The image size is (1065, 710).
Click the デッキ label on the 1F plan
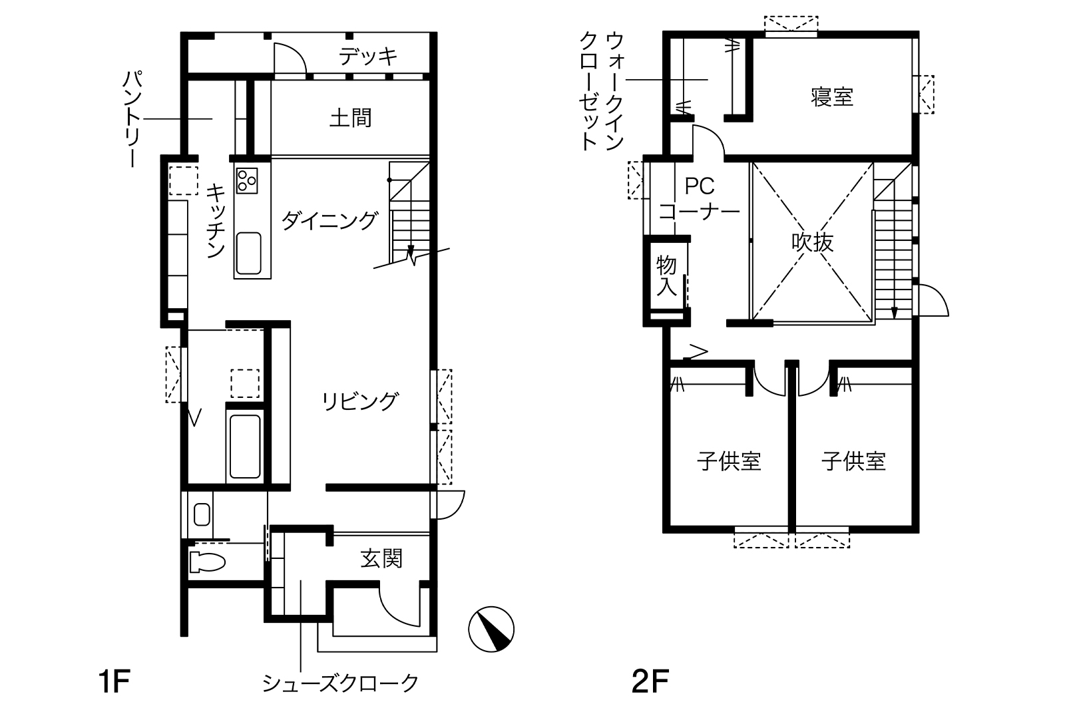[x=368, y=57]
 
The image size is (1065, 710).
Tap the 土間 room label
[x=350, y=118]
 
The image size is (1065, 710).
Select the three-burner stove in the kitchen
[x=247, y=180]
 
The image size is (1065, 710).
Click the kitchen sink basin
[x=249, y=254]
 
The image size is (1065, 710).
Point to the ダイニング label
[x=330, y=220]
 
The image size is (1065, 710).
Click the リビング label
[x=360, y=401]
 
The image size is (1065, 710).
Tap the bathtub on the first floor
[x=245, y=446]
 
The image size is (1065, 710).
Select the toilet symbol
[x=207, y=562]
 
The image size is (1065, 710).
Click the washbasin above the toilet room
[x=202, y=514]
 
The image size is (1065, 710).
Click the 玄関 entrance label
[x=381, y=558]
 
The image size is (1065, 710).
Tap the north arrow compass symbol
[x=491, y=629]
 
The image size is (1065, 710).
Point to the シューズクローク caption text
[x=340, y=683]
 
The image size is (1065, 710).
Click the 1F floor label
[x=114, y=681]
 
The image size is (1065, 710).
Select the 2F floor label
[x=650, y=681]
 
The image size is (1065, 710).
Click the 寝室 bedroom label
[x=832, y=97]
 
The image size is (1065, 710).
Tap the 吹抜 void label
[x=813, y=242]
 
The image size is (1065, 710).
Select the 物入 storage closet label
[x=666, y=276]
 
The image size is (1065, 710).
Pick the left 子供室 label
[x=729, y=461]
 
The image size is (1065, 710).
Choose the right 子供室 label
[x=854, y=461]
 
